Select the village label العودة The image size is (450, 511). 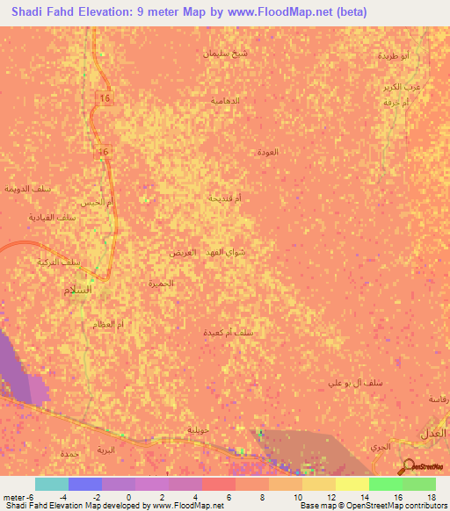pos(267,152)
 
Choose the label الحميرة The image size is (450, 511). pos(162,284)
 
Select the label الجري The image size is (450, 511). pos(380,448)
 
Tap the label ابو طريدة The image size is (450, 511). pos(394,55)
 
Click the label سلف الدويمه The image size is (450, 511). pos(25,189)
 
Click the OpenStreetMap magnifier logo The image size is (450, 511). pos(409,467)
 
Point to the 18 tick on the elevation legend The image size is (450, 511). pos(432,497)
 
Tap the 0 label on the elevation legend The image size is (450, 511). pos(128,497)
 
